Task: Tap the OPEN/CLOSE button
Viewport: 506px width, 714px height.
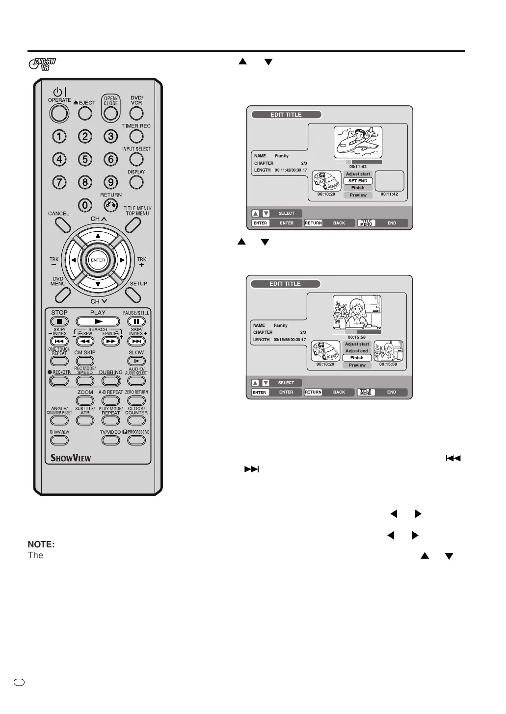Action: [111, 113]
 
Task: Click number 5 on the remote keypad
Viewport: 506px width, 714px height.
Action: [85, 159]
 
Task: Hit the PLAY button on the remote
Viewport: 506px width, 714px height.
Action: [98, 321]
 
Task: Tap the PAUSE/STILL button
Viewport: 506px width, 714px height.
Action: [136, 321]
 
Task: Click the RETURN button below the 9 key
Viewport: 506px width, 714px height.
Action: [111, 205]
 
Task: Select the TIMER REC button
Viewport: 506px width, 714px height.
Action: [136, 136]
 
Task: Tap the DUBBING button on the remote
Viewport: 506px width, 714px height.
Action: [111, 381]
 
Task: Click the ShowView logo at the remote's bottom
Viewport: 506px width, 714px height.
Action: [71, 458]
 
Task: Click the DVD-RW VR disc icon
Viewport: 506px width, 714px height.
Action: [43, 64]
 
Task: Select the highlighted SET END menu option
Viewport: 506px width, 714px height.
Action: [358, 181]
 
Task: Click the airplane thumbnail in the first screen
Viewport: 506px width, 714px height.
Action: [358, 142]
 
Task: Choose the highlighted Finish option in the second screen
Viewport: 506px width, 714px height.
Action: [357, 358]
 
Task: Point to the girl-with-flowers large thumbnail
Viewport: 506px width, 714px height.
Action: [357, 312]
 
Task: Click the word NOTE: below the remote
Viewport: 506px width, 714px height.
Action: [41, 544]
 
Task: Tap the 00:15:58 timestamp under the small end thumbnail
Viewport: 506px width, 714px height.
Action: [388, 364]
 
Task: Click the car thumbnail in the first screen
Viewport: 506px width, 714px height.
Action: [326, 181]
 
